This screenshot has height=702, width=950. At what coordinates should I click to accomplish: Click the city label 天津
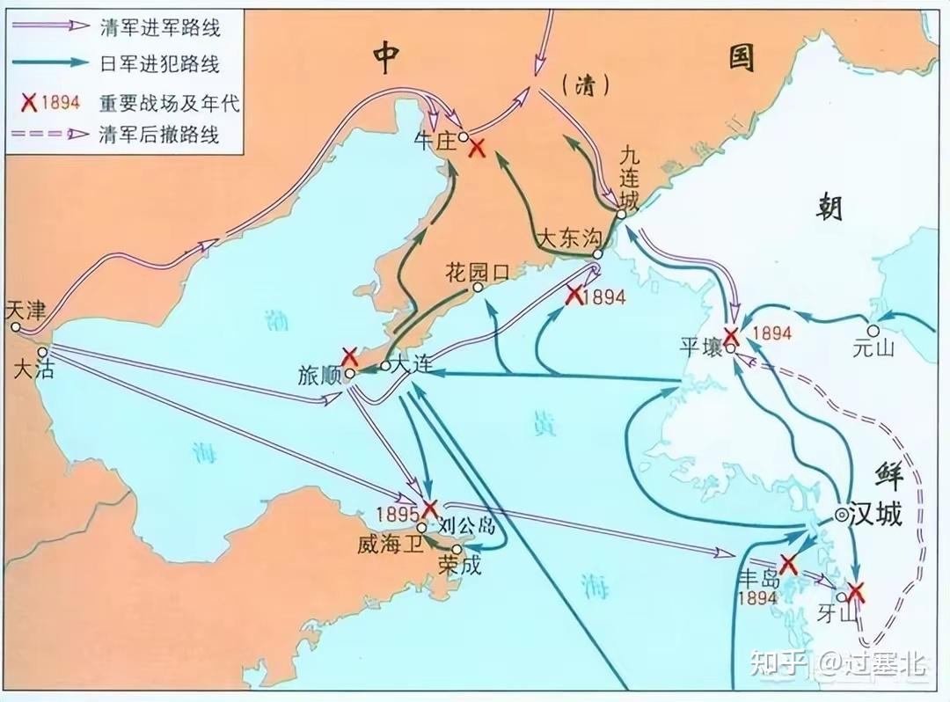tap(24, 309)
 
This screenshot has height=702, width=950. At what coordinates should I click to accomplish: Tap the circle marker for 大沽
tap(42, 352)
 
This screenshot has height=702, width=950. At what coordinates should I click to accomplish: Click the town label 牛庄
tap(435, 140)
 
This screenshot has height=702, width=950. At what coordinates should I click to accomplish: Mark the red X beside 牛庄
tap(478, 148)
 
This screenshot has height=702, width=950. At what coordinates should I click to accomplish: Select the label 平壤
tap(701, 346)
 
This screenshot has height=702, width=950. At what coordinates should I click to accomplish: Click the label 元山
tap(873, 347)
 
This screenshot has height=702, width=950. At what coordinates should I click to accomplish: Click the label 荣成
tap(460, 566)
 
